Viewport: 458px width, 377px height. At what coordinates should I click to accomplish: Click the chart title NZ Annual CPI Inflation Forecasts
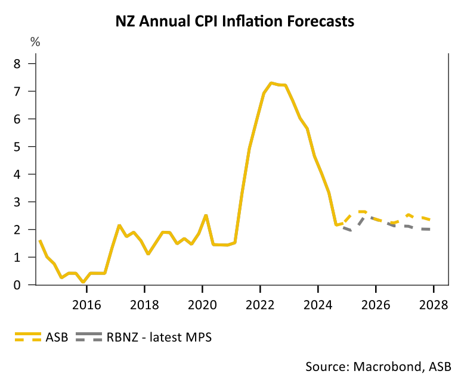coord(235,22)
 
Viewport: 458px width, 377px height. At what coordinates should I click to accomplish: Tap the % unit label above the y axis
coord(36,42)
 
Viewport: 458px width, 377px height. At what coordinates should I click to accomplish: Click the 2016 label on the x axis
coord(86,305)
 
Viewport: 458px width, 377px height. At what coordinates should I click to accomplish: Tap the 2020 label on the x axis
coord(202,305)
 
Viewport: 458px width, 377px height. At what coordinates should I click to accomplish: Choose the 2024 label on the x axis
coord(318,305)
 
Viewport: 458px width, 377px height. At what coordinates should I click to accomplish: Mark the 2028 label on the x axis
coord(434,305)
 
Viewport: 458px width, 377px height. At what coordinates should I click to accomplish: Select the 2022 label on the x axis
coord(260,305)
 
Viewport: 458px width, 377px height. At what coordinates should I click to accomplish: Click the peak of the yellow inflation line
coord(271,83)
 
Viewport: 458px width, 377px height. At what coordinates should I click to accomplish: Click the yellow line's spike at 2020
coord(205,215)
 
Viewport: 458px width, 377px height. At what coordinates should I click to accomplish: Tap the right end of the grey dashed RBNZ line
coord(431,230)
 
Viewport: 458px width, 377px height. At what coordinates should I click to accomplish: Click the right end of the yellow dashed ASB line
coord(431,220)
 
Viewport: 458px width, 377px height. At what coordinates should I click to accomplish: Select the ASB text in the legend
coord(57,337)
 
